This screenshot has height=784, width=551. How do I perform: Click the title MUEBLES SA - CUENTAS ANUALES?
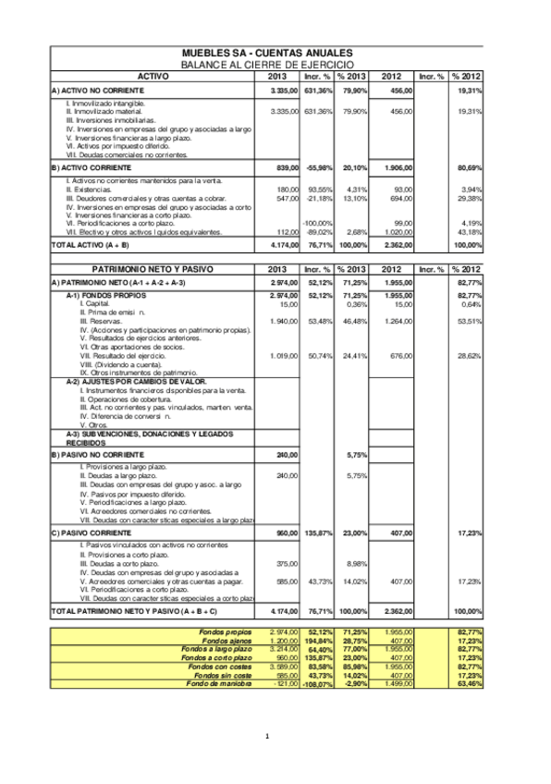(267, 55)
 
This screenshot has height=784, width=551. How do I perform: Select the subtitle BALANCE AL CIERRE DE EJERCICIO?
(267, 65)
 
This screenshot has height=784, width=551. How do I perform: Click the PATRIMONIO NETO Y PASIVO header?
(153, 268)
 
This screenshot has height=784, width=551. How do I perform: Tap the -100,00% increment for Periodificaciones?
(318, 223)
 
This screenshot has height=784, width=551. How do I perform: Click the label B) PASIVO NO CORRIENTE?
(97, 456)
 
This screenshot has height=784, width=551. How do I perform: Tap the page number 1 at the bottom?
(266, 736)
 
